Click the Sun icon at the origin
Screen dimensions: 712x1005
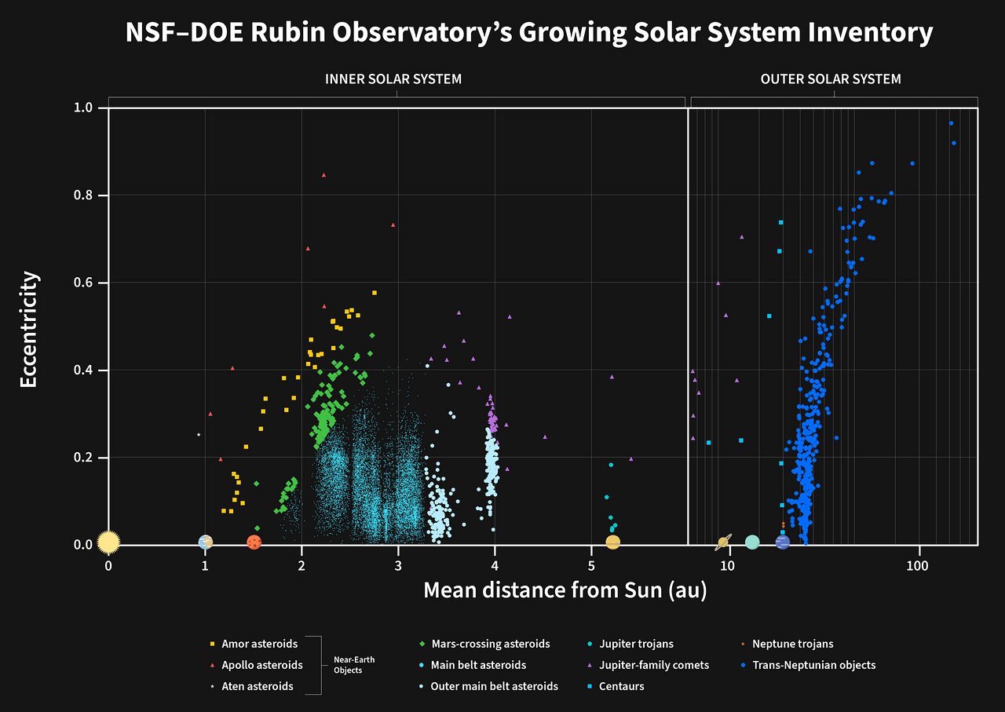(108, 542)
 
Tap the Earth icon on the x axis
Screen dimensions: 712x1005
(206, 542)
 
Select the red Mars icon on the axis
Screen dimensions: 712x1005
(254, 542)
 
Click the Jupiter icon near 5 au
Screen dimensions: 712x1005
(613, 542)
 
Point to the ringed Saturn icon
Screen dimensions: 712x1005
(724, 542)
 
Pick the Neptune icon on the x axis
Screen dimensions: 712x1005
(782, 542)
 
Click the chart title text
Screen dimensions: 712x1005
(529, 33)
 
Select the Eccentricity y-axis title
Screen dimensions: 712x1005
(28, 329)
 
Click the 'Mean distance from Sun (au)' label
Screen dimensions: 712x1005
(565, 590)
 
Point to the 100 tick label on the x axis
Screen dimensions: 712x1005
(917, 565)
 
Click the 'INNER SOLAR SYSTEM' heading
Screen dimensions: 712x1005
(393, 79)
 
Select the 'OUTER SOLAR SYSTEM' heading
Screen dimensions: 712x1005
(831, 79)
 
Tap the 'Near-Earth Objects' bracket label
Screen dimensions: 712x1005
(354, 665)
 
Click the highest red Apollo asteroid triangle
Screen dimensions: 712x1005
(323, 175)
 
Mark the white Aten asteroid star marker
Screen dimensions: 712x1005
(199, 435)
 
